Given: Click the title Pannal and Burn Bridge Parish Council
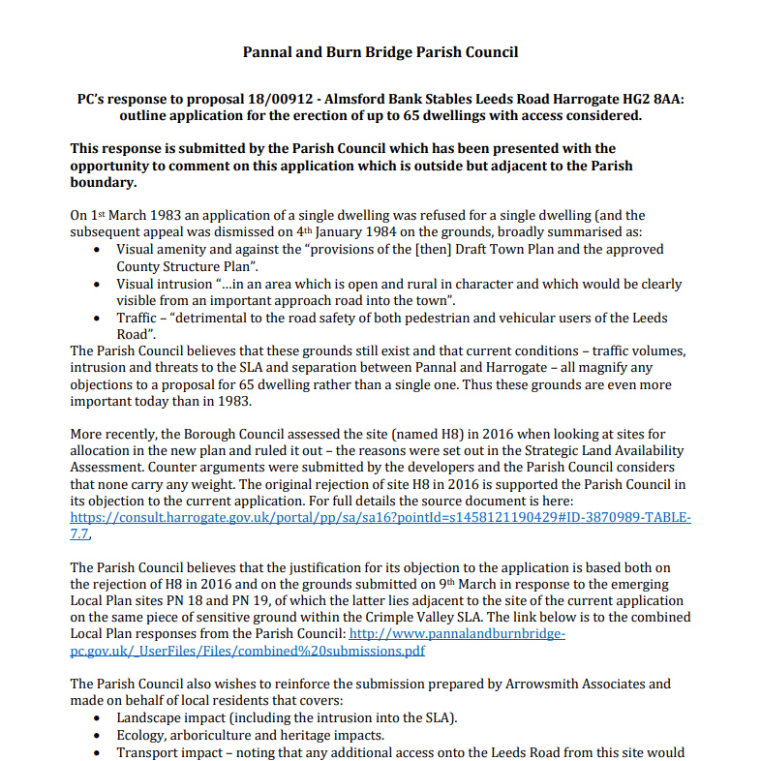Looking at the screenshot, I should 380,52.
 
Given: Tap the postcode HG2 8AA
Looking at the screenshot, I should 650,100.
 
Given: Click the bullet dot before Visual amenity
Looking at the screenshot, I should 95,250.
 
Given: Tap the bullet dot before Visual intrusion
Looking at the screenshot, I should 95,285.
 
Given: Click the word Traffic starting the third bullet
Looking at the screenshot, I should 139,319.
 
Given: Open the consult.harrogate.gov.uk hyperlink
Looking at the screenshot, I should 380,518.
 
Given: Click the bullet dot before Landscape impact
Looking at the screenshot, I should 95,718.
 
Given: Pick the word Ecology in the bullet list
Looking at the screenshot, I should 140,735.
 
